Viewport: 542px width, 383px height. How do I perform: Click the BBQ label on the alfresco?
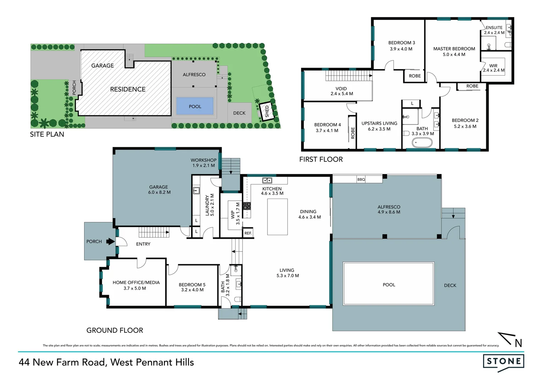click(x=361, y=179)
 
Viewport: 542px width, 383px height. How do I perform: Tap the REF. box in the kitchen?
click(x=248, y=233)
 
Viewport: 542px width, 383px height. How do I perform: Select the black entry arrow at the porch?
click(x=111, y=242)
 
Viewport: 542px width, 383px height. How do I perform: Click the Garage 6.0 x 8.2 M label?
click(x=159, y=190)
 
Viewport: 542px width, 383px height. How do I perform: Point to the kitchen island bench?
click(x=277, y=217)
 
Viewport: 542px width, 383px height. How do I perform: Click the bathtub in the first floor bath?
click(x=422, y=143)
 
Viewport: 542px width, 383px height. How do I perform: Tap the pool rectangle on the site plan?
click(x=195, y=106)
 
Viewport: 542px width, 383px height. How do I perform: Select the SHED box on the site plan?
click(x=267, y=111)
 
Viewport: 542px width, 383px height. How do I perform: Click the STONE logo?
click(x=503, y=362)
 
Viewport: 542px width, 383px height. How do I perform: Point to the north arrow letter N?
click(x=518, y=343)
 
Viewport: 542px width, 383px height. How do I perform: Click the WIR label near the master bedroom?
click(x=493, y=66)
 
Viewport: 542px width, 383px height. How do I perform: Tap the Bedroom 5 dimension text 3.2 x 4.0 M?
click(x=192, y=290)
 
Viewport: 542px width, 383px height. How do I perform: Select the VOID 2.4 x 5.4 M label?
click(x=341, y=91)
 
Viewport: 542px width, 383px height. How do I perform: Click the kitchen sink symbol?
click(x=267, y=181)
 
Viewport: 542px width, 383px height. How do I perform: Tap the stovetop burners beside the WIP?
click(x=247, y=206)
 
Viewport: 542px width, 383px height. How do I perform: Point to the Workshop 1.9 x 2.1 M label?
click(x=203, y=163)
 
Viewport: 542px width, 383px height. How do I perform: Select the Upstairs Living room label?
click(x=379, y=126)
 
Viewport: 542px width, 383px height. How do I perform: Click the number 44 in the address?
click(x=24, y=362)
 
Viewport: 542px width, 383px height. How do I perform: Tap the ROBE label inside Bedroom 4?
click(x=353, y=133)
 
